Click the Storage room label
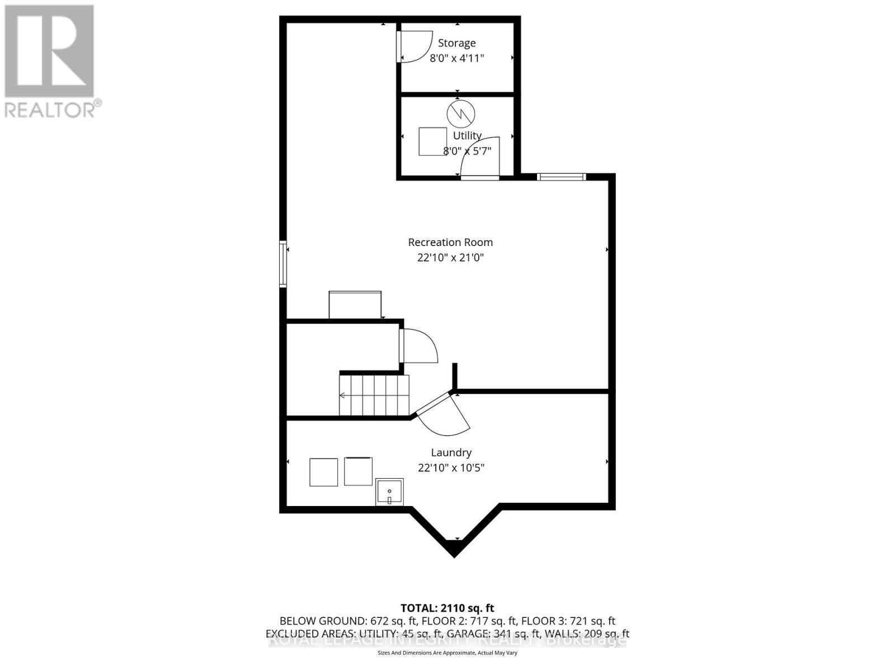pos(456,43)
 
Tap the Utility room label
pos(467,135)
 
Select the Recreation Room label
pos(450,242)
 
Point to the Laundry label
pos(451,452)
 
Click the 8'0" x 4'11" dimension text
pos(456,58)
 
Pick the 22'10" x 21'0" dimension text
pos(450,258)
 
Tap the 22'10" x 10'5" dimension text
pos(451,467)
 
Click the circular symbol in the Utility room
pos(460,114)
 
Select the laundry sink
pos(389,492)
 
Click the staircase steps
pos(374,395)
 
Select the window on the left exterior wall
pos(283,264)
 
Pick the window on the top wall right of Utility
pos(561,177)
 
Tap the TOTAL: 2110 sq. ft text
pos(447,608)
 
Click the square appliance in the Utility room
pos(433,141)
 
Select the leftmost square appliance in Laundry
pos(323,472)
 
